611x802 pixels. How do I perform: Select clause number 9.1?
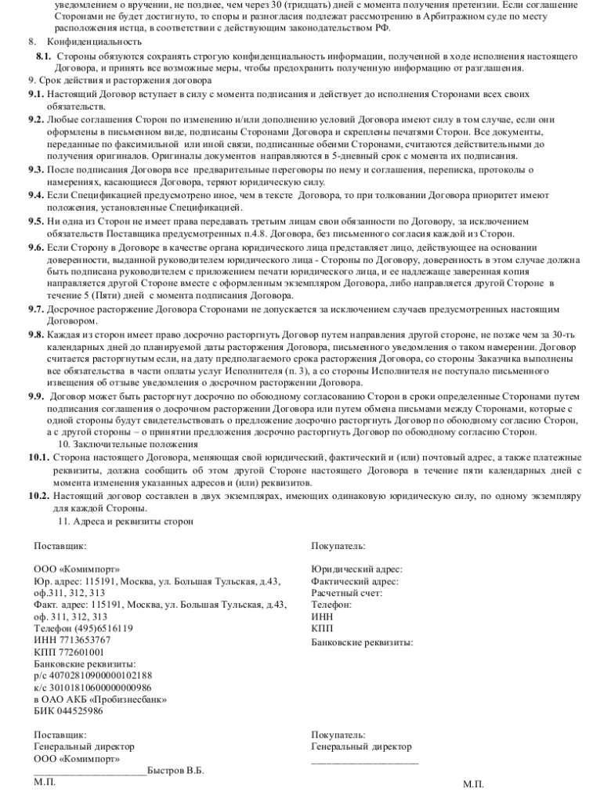pos(34,94)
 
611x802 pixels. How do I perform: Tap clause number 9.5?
pos(34,222)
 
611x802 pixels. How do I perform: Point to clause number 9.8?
pos(34,334)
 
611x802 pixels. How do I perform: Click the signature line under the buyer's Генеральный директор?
pos(364,761)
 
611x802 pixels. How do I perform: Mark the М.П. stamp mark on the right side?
pos(473,784)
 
